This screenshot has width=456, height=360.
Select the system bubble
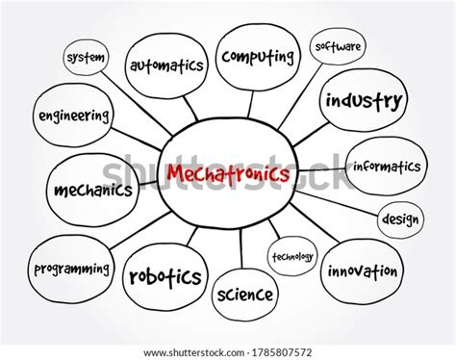point(85,58)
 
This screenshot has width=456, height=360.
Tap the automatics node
point(166,66)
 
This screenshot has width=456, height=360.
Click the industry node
point(363,99)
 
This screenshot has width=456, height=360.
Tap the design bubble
point(400,219)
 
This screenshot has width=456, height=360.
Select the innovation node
point(363,271)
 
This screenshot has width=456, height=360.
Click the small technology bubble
point(292,257)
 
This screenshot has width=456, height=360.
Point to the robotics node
point(165,277)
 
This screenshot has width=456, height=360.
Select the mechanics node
point(92,190)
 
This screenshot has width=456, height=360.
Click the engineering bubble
point(72,116)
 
